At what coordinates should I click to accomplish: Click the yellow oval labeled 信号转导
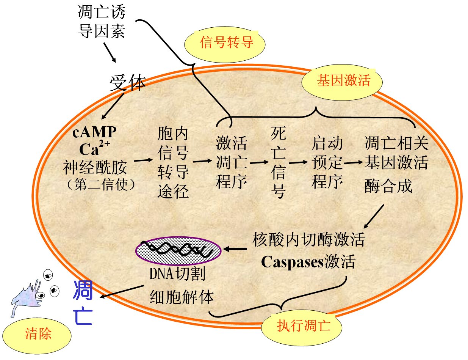(x=225, y=44)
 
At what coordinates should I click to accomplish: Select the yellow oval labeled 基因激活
(x=342, y=82)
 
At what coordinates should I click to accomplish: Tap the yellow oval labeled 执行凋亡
(x=302, y=328)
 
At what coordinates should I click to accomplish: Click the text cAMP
(x=94, y=132)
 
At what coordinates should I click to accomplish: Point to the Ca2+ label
(x=94, y=148)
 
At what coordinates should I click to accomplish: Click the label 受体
(x=127, y=83)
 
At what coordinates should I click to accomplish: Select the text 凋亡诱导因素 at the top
(x=102, y=22)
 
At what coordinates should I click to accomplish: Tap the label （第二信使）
(x=101, y=185)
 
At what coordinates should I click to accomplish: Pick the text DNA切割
(x=177, y=274)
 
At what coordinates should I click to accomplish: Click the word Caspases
(x=292, y=263)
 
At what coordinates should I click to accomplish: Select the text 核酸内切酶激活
(x=308, y=239)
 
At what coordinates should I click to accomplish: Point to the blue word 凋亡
(x=83, y=302)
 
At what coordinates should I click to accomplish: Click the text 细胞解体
(x=182, y=297)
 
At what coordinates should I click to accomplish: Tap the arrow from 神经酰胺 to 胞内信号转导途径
(x=143, y=160)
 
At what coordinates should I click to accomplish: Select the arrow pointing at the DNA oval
(x=235, y=249)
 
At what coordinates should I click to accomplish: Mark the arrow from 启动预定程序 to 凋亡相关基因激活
(x=354, y=162)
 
